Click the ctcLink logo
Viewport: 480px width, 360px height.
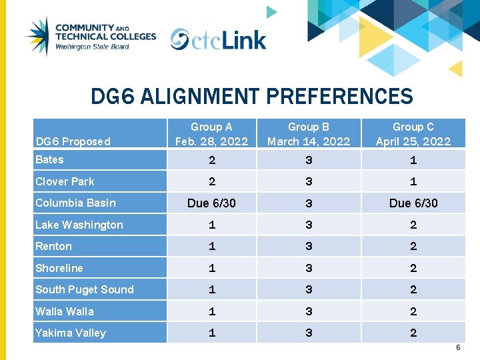(x=218, y=39)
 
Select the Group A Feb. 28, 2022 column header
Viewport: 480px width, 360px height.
(x=211, y=134)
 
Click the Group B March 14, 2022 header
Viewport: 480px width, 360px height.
(x=308, y=134)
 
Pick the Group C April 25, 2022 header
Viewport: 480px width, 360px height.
(x=413, y=134)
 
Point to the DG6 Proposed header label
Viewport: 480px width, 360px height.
(x=73, y=141)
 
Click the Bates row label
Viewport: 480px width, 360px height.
(x=50, y=159)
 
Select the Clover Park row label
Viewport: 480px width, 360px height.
(x=65, y=181)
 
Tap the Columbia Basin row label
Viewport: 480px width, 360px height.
(x=75, y=203)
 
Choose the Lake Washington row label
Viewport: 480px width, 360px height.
(x=79, y=225)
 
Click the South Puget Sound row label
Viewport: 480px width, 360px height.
(x=85, y=289)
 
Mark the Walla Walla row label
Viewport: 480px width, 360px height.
(x=65, y=311)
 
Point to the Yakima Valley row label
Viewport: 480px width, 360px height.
(x=71, y=333)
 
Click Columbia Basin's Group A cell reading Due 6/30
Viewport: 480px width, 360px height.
(x=211, y=203)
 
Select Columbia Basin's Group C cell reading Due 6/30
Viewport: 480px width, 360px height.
(x=413, y=203)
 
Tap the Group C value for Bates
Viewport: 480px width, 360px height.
(x=413, y=160)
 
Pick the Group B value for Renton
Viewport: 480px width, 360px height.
(x=309, y=247)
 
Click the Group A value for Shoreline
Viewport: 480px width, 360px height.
(x=211, y=268)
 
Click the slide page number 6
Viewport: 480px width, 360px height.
(x=458, y=348)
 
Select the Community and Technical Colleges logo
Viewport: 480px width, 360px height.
(x=90, y=37)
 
